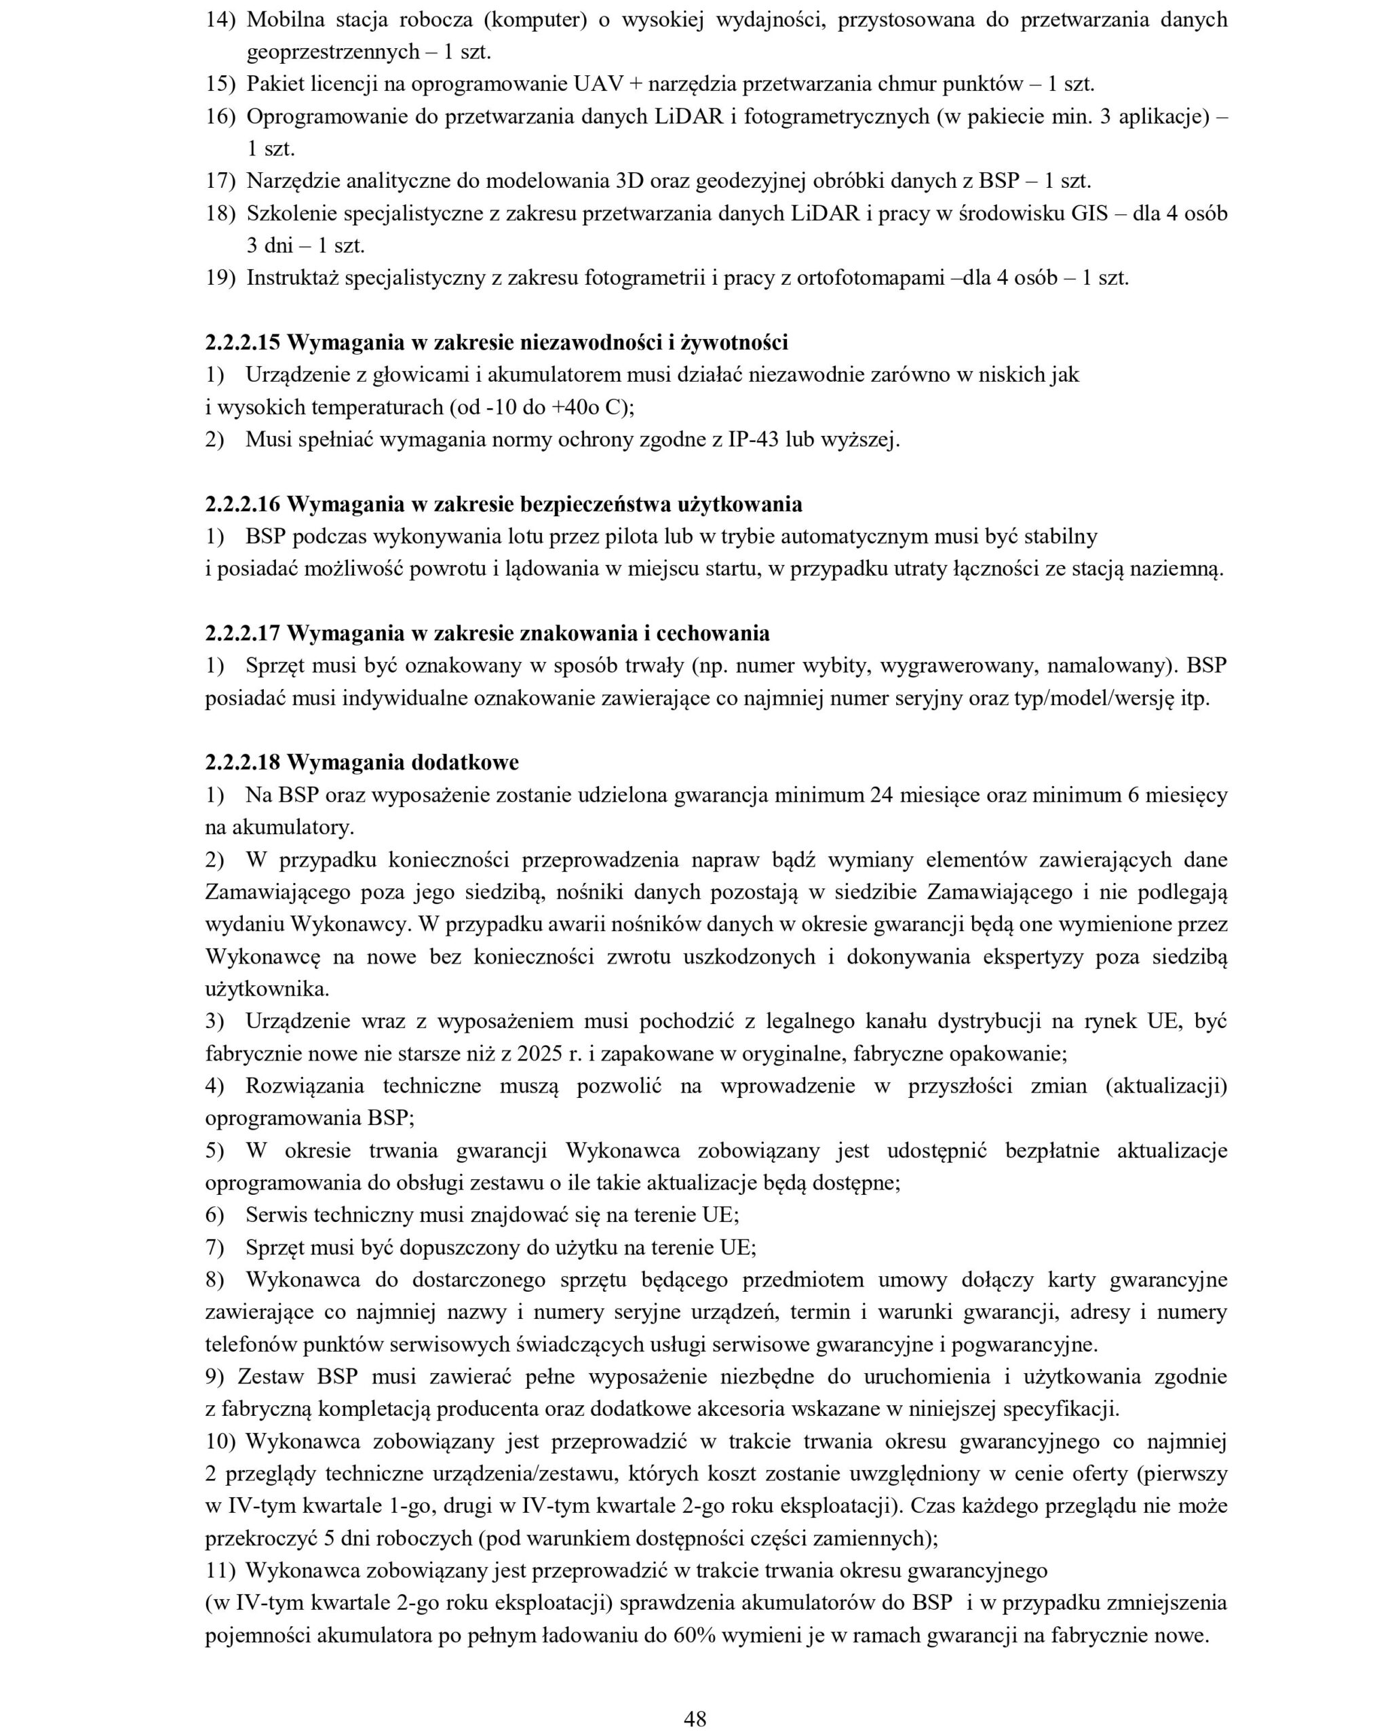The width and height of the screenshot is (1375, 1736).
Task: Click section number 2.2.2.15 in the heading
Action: pyautogui.click(x=242, y=343)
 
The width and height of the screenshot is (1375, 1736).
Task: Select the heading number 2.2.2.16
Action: pyautogui.click(x=242, y=505)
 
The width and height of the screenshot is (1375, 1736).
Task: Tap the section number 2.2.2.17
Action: pyautogui.click(x=242, y=633)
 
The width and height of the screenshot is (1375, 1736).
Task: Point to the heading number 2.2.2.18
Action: pyautogui.click(x=242, y=762)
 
